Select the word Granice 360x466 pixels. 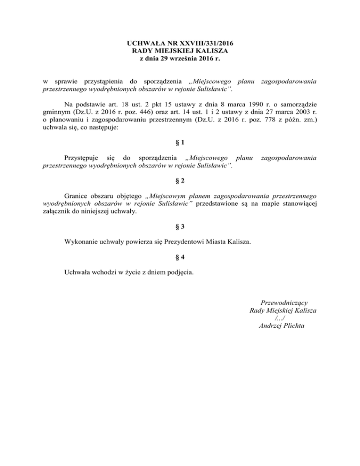pos(76,195)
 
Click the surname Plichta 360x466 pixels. pos(293,326)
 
